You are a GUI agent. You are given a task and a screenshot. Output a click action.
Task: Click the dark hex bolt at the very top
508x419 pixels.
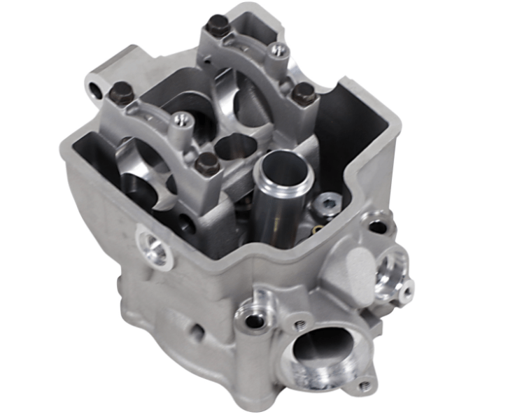coord(216,29)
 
